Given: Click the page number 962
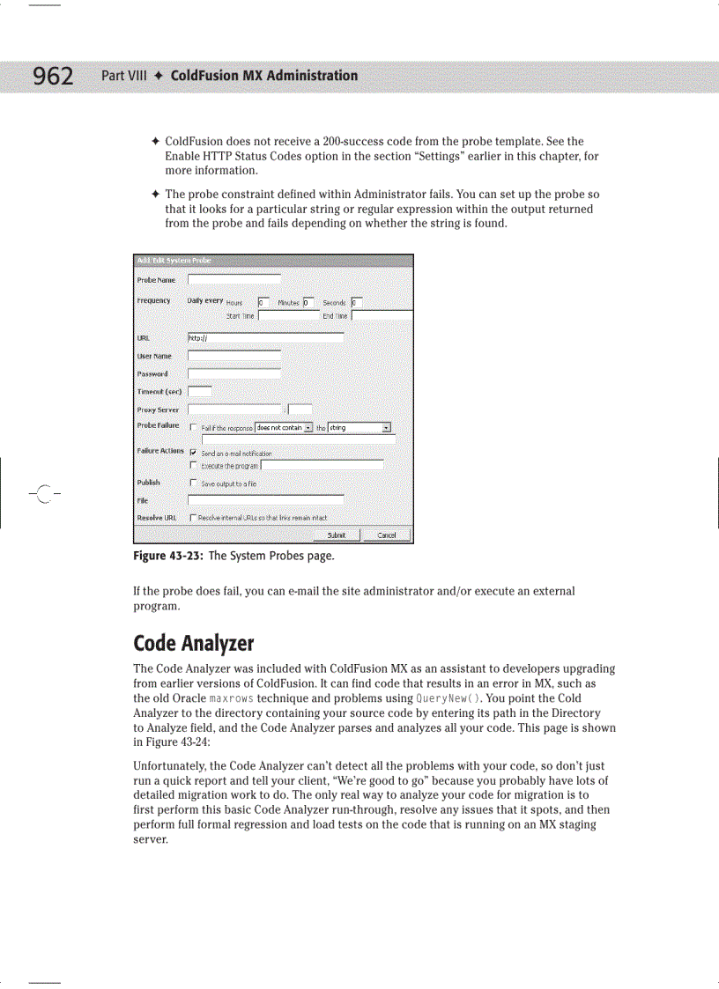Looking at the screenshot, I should click(x=53, y=77).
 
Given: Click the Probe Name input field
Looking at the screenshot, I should click(x=233, y=280).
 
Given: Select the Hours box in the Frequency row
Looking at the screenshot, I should click(x=263, y=302).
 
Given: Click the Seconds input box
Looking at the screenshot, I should click(x=356, y=302).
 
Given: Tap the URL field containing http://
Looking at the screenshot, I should click(x=265, y=337).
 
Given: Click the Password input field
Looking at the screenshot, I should click(x=233, y=373).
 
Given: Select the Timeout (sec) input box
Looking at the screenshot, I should click(x=199, y=391).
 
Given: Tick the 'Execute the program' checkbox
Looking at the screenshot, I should click(x=193, y=465).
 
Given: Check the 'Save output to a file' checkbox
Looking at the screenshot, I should click(x=193, y=483).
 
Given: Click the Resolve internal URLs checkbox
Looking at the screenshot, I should click(x=193, y=518).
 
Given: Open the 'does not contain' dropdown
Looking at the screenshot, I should click(x=284, y=428).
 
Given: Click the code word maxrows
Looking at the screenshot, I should click(x=207, y=698).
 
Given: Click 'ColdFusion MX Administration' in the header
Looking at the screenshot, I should click(x=263, y=76).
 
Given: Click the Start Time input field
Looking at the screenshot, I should click(x=288, y=315).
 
